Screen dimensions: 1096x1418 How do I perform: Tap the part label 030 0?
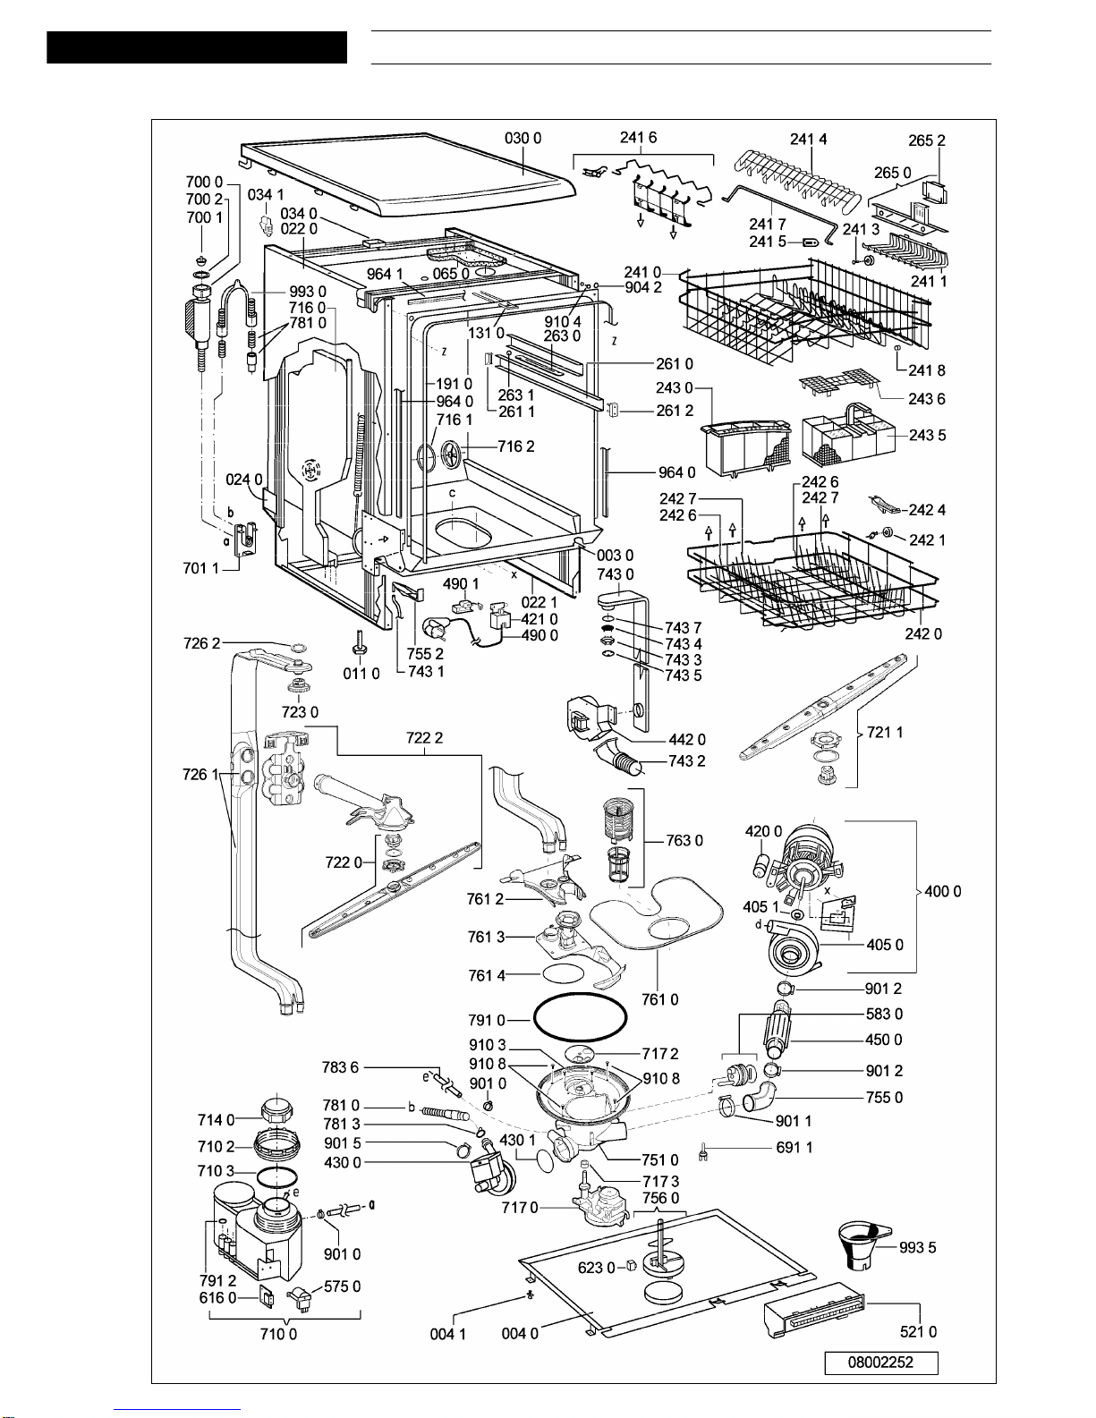coord(523,138)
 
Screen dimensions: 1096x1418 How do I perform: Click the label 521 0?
coord(919,1331)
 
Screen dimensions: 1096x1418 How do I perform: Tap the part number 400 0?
coord(943,891)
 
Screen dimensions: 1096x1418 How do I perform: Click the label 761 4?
coord(487,975)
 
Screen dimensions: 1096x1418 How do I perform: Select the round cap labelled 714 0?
coord(276,1109)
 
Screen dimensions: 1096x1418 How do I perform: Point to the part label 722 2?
coord(424,737)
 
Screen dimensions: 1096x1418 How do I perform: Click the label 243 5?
coord(927,435)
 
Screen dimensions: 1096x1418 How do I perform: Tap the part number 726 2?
coord(201,643)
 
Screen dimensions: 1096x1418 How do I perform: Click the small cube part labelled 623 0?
coord(630,1267)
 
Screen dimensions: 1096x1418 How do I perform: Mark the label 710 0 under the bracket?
coord(278,1334)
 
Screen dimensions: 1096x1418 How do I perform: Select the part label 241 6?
coord(639,137)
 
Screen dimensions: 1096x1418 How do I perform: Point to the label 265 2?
coord(927,140)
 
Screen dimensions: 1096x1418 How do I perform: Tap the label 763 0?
coord(684,840)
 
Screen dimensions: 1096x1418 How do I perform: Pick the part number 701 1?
coord(201,568)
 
